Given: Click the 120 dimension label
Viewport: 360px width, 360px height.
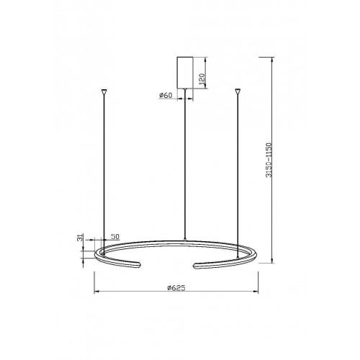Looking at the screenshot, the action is click(202, 79).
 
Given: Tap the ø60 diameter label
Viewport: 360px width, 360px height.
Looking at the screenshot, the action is click(166, 95).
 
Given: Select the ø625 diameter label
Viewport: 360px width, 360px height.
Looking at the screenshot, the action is click(176, 288).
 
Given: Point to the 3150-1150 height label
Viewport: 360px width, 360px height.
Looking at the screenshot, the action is click(269, 160).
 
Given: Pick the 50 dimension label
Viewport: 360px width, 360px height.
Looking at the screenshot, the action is click(115, 236).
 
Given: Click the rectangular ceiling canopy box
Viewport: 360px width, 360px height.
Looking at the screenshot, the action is click(185, 73).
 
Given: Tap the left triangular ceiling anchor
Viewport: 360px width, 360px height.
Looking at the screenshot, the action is click(104, 91).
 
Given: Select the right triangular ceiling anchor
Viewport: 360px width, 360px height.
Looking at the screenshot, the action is click(238, 91).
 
